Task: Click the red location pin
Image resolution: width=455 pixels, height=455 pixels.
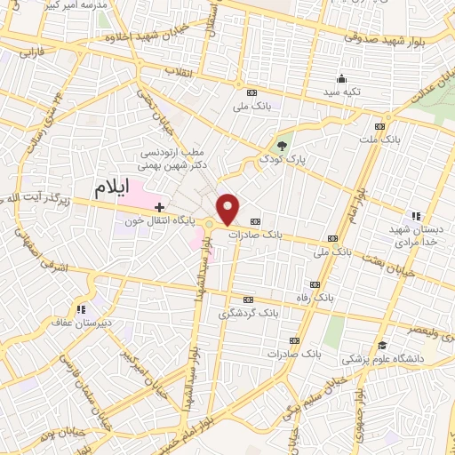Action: click(x=228, y=209)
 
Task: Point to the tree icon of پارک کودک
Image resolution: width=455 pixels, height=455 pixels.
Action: click(x=282, y=144)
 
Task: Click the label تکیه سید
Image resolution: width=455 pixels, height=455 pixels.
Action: click(x=342, y=92)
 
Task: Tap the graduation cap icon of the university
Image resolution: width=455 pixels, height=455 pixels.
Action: click(x=381, y=345)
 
